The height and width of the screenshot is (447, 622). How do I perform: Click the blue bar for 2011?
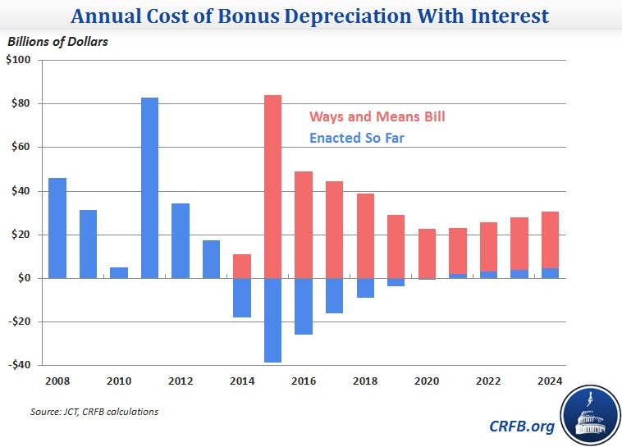click(149, 188)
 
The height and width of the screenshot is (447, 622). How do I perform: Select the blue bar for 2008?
click(57, 228)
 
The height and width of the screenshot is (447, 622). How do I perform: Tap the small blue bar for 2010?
click(118, 272)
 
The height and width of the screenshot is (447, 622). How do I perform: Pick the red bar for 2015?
click(272, 186)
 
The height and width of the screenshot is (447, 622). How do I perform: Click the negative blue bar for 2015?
click(272, 320)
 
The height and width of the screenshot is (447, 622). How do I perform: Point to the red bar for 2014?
click(241, 266)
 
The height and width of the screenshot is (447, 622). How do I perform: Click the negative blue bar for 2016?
click(303, 306)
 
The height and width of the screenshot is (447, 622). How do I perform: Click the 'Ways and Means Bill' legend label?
click(377, 117)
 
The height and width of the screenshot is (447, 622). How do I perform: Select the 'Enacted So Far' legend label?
click(356, 139)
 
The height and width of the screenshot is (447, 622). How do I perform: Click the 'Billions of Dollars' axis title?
click(58, 42)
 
